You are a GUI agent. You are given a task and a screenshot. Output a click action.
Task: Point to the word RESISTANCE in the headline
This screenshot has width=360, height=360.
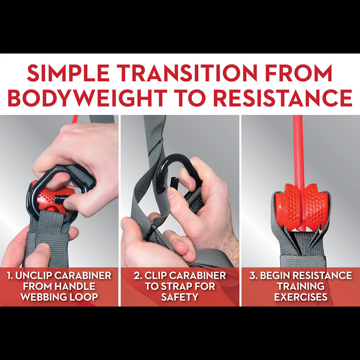(x=282, y=98)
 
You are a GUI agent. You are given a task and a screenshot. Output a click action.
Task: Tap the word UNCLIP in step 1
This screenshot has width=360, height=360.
(x=33, y=275)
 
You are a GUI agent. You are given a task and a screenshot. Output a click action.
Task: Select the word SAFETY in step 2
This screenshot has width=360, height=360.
(x=180, y=297)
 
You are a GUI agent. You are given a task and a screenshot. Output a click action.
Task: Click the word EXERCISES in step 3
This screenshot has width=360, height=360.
(x=301, y=297)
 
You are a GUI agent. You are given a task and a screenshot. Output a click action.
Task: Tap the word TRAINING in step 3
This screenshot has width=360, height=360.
(x=301, y=286)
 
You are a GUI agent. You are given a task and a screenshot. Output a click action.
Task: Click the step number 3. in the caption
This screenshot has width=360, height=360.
(x=253, y=275)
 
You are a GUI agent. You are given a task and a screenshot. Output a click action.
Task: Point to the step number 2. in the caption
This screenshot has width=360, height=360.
(x=138, y=275)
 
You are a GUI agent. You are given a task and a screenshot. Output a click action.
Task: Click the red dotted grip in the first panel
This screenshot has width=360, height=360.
(x=51, y=197)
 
